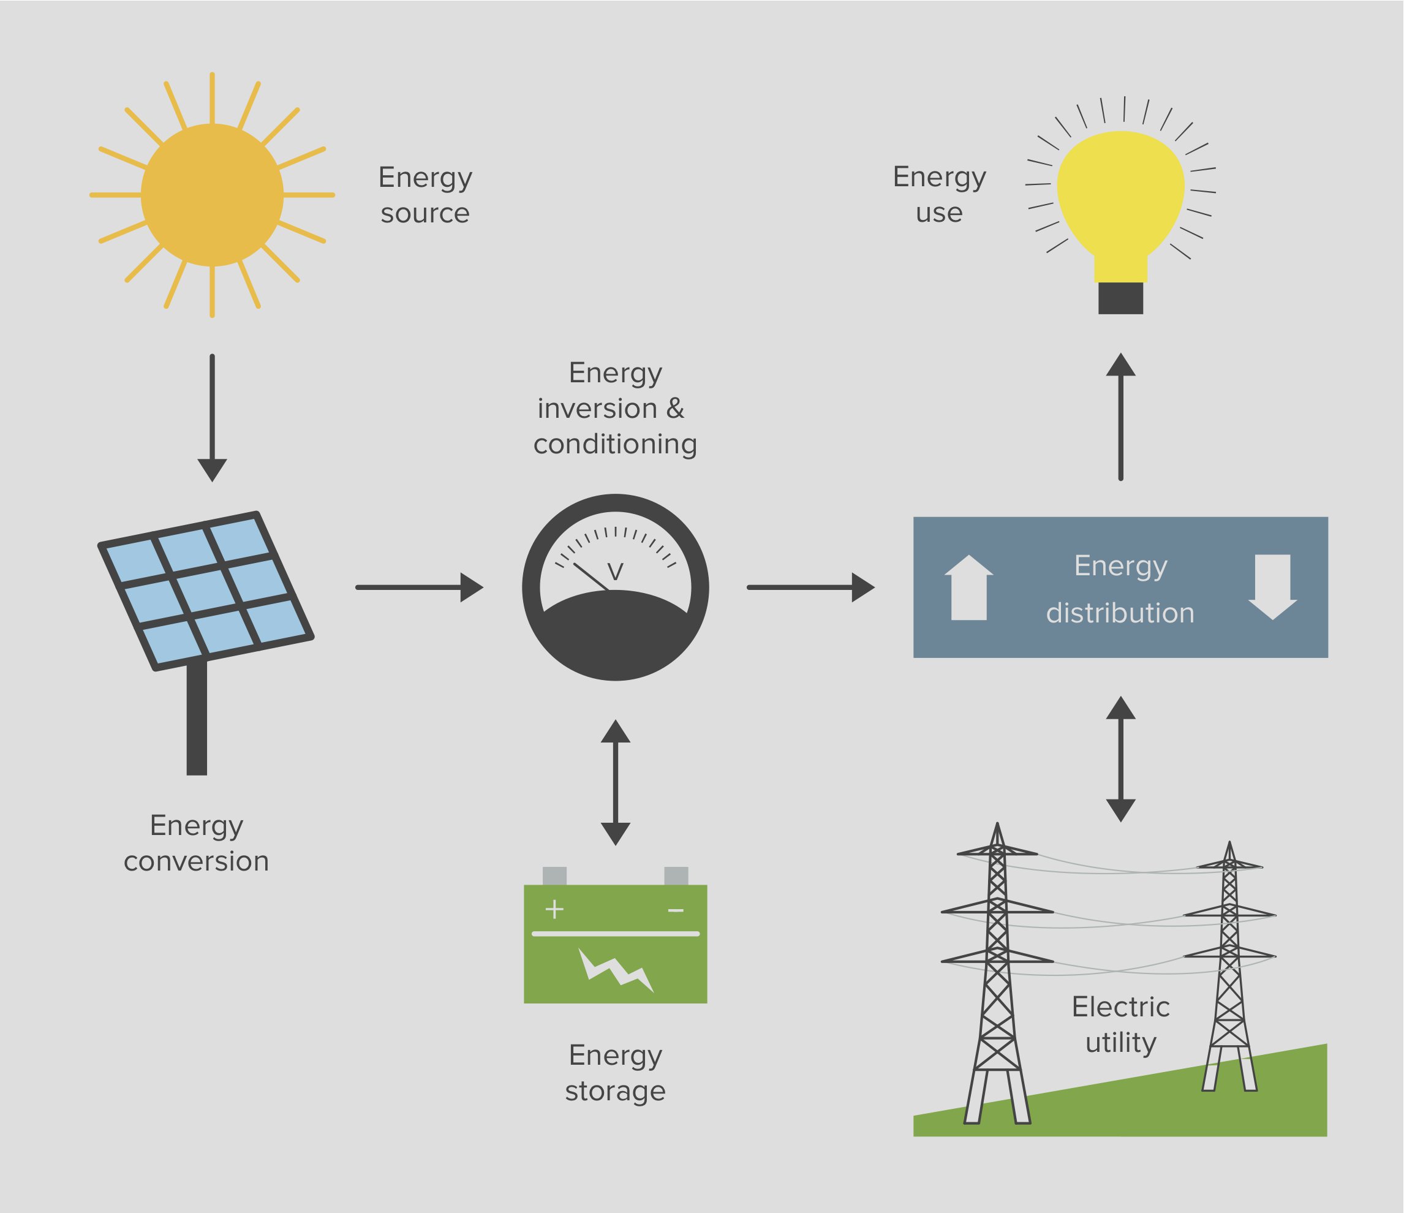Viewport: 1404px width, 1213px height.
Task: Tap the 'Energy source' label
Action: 425,194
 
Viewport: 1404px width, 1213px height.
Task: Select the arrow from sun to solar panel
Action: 212,417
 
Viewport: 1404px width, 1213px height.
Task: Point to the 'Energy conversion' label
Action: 197,843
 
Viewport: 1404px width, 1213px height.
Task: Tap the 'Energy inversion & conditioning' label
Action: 614,408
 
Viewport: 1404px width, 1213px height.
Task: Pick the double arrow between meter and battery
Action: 615,783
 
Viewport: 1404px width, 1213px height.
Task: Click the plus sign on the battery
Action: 554,909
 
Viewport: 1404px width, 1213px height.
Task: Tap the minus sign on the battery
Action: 676,910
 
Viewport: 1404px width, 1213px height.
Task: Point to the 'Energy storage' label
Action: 615,1073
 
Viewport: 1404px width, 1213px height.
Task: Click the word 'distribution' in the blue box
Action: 1120,613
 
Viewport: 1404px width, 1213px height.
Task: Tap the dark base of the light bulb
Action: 1121,298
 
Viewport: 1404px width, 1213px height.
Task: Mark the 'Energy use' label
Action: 939,194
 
